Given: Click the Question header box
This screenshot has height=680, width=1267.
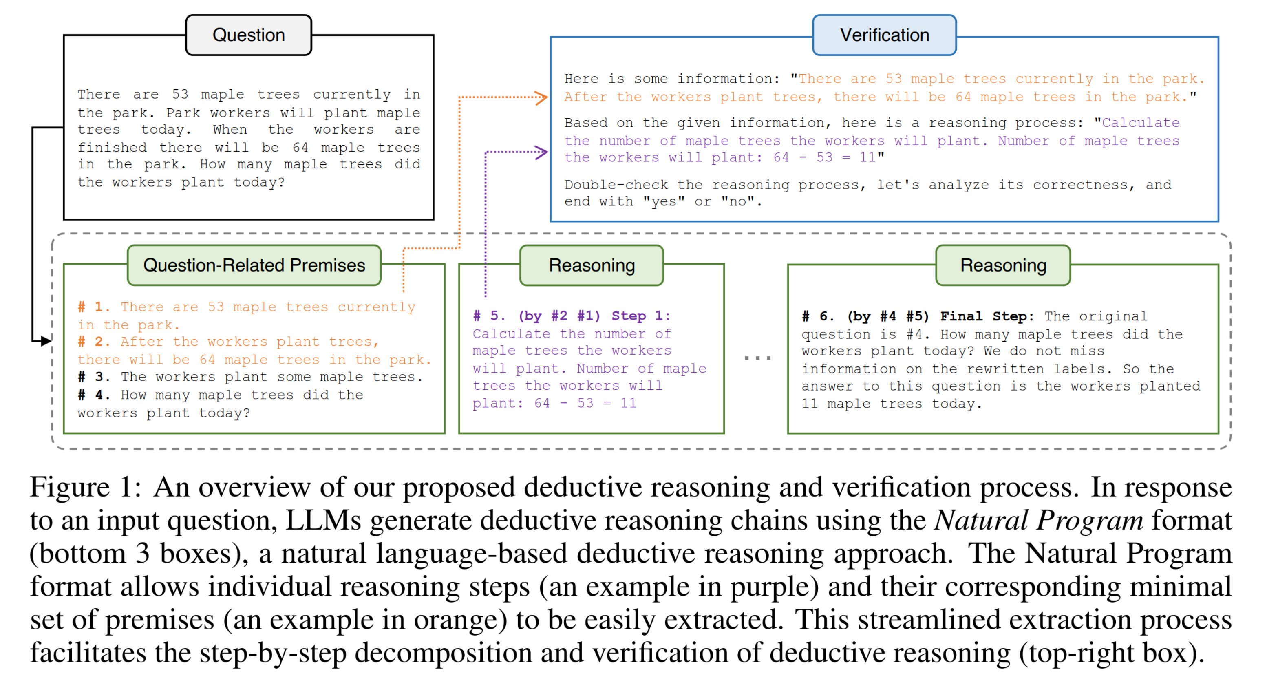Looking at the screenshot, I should point(248,35).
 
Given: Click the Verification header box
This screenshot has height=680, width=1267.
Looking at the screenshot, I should point(884,35).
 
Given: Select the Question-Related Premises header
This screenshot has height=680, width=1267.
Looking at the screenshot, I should point(254,265).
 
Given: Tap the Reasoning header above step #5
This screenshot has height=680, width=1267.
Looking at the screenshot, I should point(591,265).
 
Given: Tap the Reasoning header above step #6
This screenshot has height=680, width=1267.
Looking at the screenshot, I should point(1003,265).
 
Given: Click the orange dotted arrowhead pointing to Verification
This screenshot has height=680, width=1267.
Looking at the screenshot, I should point(542,97).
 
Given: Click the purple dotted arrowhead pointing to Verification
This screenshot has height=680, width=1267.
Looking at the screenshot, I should point(542,152).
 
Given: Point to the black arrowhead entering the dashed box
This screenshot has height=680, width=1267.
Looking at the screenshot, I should point(46,340).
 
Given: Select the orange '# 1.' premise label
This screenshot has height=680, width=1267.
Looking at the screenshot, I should point(94,307).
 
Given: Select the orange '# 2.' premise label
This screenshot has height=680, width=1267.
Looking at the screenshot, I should point(94,342).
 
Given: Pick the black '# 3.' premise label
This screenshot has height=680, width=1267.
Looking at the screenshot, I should point(94,377).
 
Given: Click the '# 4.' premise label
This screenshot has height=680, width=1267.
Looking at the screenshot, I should point(94,395).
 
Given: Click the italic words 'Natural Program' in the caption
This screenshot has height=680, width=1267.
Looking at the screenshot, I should point(1038,521).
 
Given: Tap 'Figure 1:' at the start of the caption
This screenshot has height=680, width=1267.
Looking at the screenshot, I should point(86,488).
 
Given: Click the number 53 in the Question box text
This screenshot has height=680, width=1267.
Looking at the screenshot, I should point(180,95).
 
